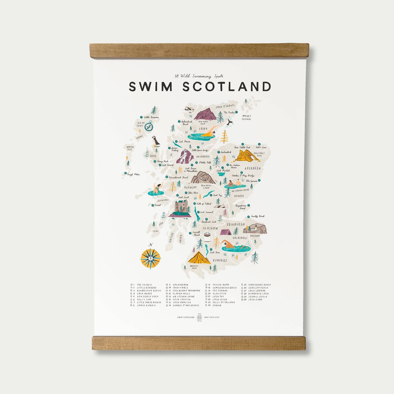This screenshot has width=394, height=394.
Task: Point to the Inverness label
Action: tap(203, 157)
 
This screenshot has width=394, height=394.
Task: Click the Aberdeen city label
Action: tap(252, 169)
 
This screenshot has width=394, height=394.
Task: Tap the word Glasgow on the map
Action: tap(210, 228)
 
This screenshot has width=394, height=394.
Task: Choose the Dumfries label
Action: tap(220, 260)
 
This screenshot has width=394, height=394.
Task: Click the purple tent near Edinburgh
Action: tap(225, 232)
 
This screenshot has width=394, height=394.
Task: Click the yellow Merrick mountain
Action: tap(199, 258)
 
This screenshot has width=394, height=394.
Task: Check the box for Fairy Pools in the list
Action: tap(167, 288)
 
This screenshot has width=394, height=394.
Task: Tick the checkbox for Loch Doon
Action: tap(242, 299)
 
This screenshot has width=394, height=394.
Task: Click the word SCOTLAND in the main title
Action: tap(227, 87)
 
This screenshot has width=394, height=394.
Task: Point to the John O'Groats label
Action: tap(225, 106)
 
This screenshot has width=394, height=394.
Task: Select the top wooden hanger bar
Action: tap(199, 51)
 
